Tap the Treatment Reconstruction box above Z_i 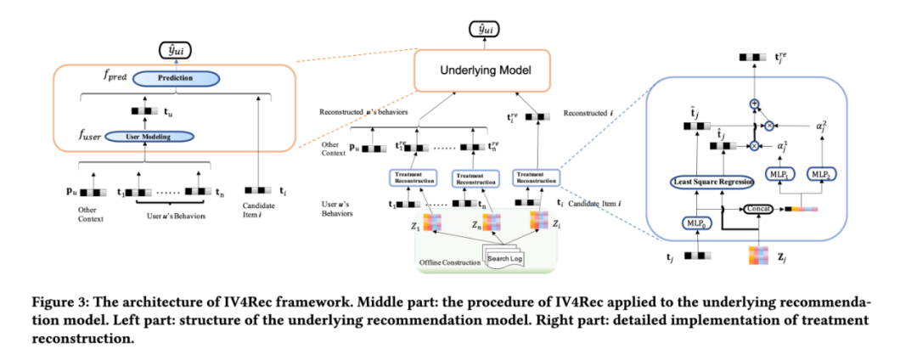537,178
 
